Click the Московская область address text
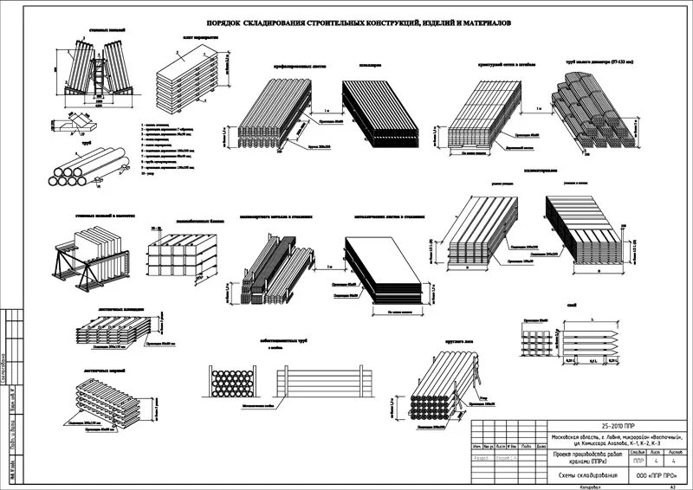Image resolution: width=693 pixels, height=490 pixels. (619, 441)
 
